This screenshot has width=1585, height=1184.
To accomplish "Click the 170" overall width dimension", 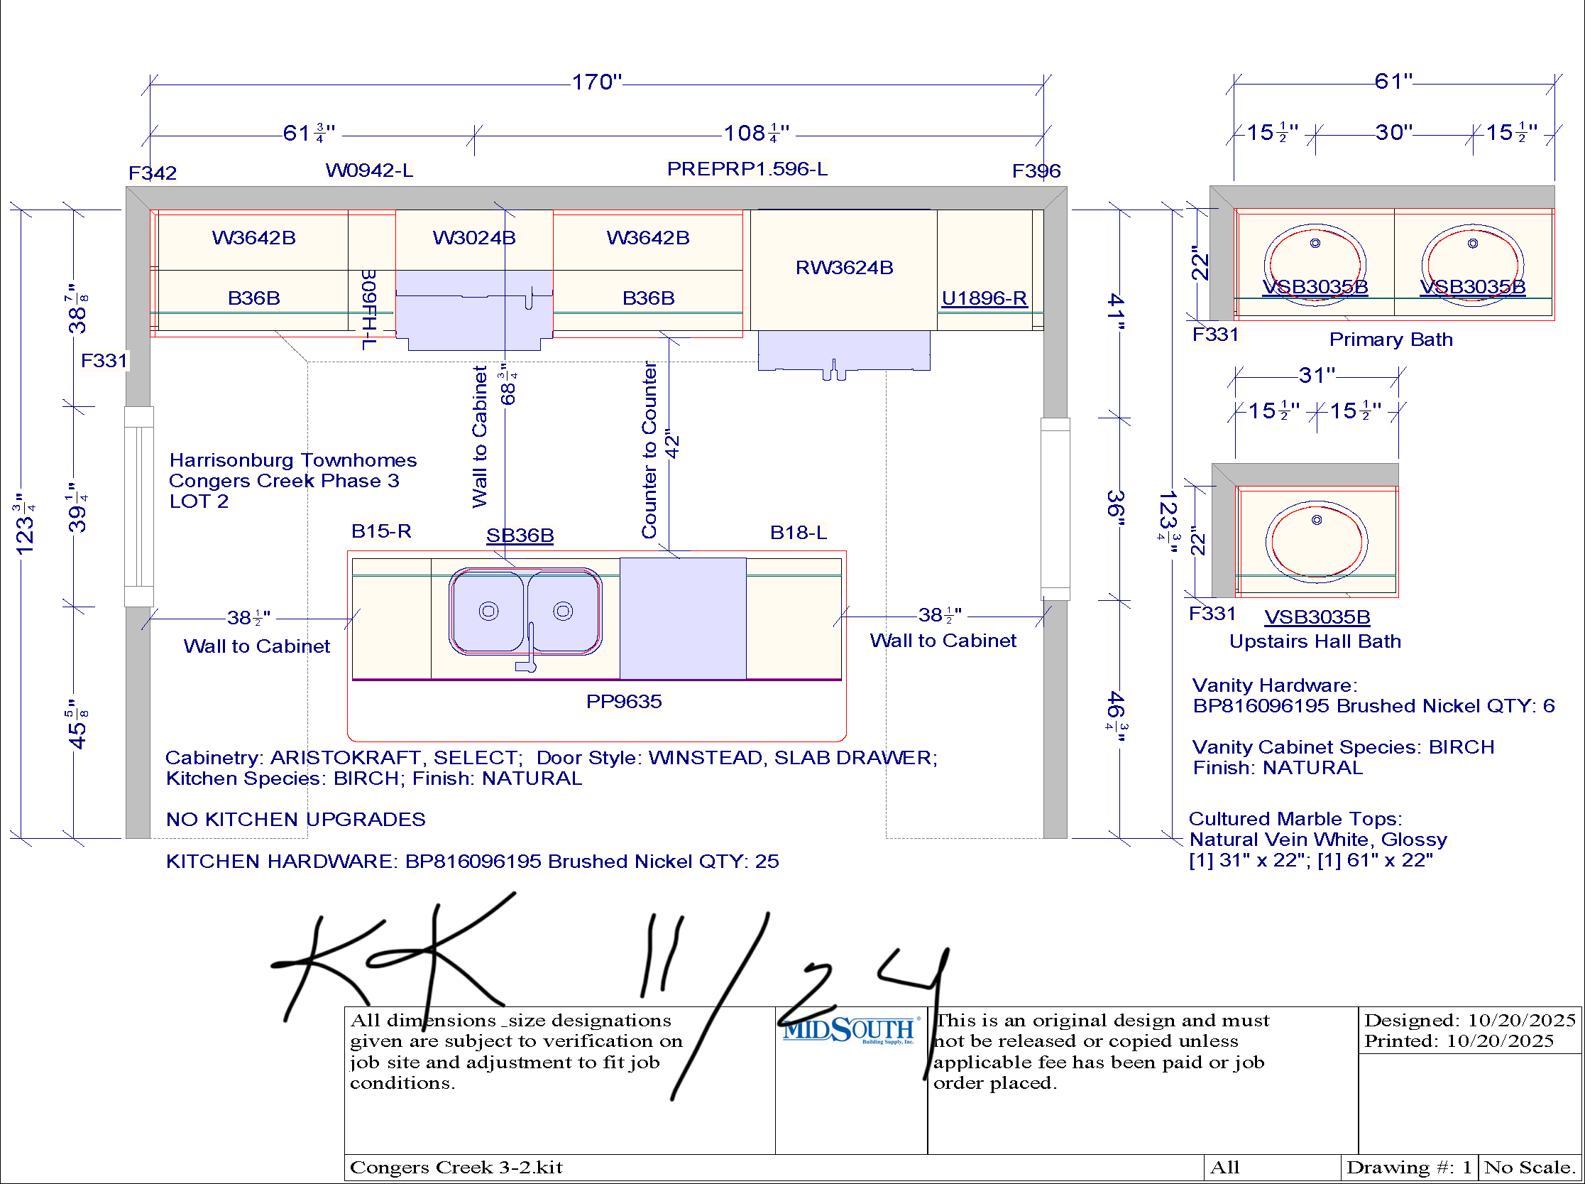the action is point(597,82).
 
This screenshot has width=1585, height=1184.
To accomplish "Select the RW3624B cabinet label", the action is point(845,267).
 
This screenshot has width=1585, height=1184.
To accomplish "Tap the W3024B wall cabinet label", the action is point(474,237).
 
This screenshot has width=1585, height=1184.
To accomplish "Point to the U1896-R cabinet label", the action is point(984,298).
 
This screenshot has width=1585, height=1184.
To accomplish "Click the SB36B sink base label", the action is point(520,536).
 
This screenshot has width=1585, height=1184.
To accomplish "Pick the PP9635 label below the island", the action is point(624,701).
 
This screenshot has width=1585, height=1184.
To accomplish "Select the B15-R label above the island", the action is point(381,531).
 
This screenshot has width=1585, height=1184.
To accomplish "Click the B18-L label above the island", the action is point(799,533).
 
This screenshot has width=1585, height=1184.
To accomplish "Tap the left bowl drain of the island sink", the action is point(489,612).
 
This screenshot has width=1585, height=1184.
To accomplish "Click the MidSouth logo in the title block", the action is point(849,1031).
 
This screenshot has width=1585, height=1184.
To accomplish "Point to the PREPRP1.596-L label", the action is point(747,168).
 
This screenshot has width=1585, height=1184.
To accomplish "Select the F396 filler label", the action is point(1036,170).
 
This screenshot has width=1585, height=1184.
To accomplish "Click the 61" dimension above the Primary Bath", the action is point(1393,81).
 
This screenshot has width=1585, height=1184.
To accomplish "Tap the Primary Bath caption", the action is point(1391,339).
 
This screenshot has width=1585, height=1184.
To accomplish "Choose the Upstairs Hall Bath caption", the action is point(1315,641).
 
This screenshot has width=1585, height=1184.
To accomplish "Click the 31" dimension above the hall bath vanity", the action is point(1317,375).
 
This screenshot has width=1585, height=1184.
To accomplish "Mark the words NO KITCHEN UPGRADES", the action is point(296,819).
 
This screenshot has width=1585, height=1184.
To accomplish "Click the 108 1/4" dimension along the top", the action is point(757,133).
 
